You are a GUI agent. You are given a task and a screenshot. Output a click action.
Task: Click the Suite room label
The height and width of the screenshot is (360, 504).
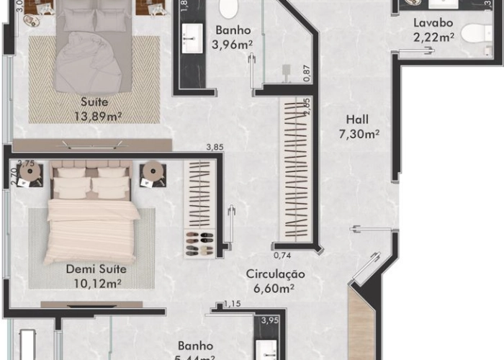click(x=94, y=102)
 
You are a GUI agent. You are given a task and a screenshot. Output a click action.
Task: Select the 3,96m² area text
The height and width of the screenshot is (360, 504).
click(x=232, y=45)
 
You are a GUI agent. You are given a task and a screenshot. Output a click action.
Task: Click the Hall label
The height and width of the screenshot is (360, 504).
click(x=359, y=120)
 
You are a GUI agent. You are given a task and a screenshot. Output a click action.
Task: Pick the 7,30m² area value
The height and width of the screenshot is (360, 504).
click(x=359, y=133)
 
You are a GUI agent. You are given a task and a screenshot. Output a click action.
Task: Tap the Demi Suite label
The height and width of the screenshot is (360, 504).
click(x=96, y=269)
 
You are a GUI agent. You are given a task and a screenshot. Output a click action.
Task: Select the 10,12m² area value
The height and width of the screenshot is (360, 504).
click(x=96, y=283)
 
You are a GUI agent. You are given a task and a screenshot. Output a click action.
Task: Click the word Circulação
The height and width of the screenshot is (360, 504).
click(x=275, y=274)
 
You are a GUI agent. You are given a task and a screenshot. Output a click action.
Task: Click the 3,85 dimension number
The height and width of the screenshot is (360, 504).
click(x=215, y=148)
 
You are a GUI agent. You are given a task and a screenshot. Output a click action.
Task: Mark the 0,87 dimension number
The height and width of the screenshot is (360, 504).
click(x=306, y=72)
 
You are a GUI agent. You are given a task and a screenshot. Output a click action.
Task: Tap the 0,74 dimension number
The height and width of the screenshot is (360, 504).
click(x=282, y=255)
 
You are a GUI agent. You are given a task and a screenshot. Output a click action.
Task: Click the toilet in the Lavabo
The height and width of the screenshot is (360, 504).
click(x=473, y=34)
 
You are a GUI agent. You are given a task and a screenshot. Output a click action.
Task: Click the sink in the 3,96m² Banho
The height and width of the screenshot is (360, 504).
click(x=193, y=32)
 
